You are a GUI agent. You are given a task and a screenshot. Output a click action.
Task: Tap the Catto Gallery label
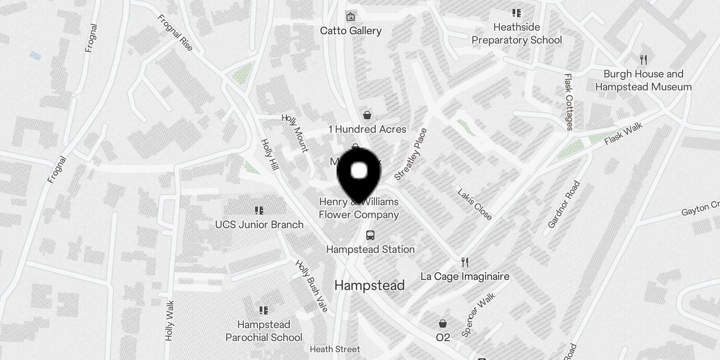coord(351,31)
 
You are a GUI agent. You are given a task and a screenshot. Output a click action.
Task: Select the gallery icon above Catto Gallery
coord(351,17)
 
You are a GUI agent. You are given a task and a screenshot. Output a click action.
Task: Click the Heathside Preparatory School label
coord(517,34)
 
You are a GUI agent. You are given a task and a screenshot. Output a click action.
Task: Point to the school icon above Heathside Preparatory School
coord(516,13)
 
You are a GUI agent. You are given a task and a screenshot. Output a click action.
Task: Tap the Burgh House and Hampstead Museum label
coord(643,81)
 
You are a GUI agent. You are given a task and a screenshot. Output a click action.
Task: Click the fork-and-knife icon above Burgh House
coord(643,60)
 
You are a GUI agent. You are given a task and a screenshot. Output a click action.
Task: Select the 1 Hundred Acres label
coord(367,129)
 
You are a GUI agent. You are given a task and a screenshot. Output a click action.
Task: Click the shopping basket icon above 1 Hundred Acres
coord(368,115)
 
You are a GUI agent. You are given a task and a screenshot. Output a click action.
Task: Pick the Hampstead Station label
coord(370,249)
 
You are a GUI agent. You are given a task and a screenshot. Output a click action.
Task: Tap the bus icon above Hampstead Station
coord(370,235)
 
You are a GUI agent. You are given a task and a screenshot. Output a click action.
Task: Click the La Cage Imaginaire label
coord(465,276)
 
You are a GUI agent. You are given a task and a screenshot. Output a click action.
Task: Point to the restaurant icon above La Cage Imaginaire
coord(465,262)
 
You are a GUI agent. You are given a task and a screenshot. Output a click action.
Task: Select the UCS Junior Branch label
coord(259,225)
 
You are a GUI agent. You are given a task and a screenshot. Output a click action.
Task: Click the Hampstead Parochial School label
coord(264,331)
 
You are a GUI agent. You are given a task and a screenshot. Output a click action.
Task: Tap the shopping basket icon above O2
coord(443,324)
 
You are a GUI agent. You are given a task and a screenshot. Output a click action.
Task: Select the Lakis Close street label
coord(474,204)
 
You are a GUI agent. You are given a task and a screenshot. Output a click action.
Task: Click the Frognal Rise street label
coord(175,33)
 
